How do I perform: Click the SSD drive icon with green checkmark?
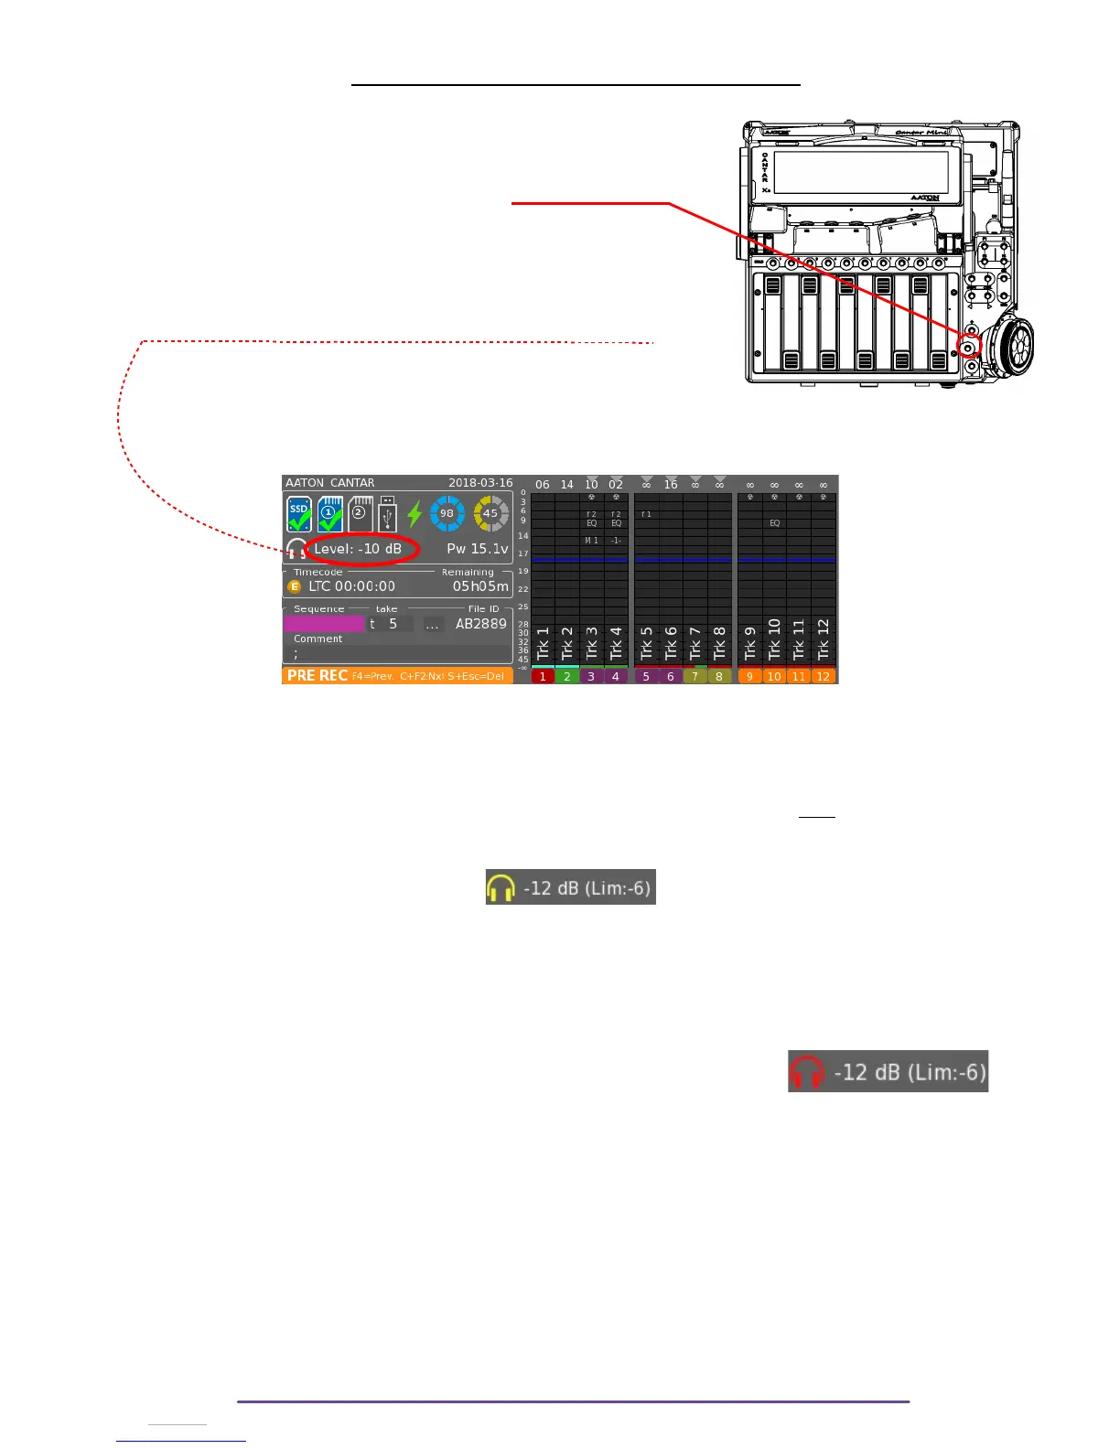point(299,514)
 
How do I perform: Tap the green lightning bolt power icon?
point(415,514)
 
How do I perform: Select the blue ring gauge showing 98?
point(447,513)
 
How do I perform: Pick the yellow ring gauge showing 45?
point(490,513)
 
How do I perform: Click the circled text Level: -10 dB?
point(359,549)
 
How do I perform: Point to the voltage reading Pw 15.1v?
point(477,549)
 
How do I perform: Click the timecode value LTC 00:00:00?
point(351,586)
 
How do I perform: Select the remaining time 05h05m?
point(480,586)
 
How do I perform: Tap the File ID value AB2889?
point(480,624)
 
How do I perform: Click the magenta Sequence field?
point(324,624)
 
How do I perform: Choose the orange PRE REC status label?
point(317,676)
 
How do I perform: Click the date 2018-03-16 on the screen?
point(480,483)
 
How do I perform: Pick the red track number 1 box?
point(543,677)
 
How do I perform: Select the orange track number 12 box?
point(824,677)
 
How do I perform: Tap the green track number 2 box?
point(567,677)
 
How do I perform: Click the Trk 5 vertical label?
point(647,642)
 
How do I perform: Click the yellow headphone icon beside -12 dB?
point(501,887)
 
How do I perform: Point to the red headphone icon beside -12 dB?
point(806,1072)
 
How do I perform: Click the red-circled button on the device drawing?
point(968,347)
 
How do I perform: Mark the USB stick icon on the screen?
point(387,514)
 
